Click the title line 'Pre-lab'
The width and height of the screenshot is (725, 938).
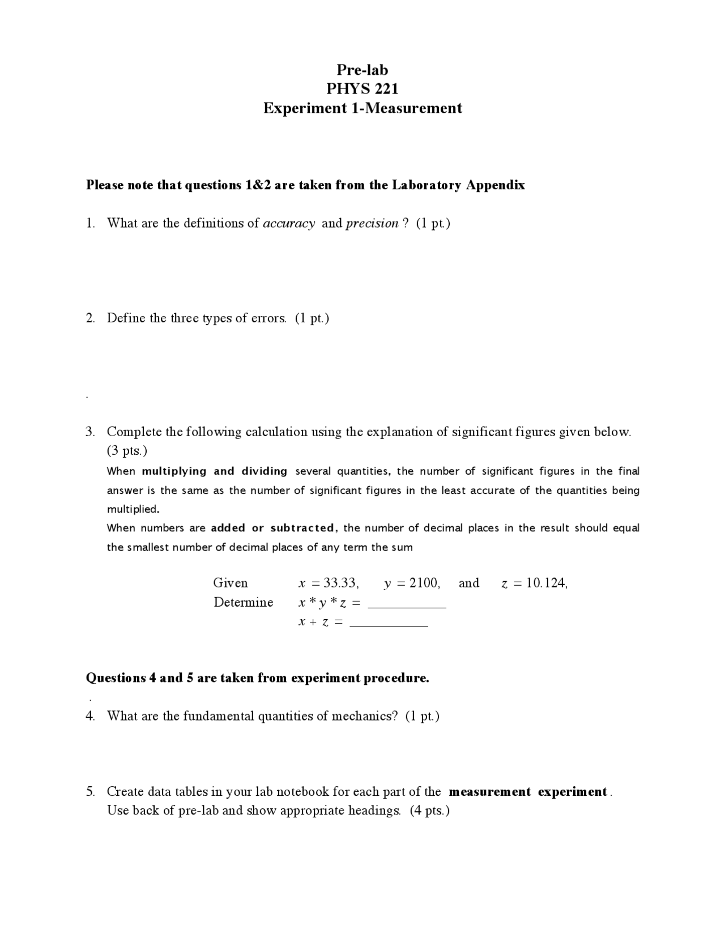362,70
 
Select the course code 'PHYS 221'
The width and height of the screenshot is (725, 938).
362,89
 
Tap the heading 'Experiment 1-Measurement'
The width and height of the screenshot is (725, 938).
362,108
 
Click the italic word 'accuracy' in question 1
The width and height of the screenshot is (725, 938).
289,223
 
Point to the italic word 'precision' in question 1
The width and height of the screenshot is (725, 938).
372,223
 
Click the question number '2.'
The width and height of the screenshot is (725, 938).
91,318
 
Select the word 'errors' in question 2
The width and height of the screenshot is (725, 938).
268,318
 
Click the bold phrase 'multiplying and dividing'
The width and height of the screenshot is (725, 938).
214,471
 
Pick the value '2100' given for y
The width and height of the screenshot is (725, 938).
424,583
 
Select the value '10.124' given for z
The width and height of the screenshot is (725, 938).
547,583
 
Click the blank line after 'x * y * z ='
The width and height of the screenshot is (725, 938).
407,605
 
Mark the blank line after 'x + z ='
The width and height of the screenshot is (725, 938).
389,624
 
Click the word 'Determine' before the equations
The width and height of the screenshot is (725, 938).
243,602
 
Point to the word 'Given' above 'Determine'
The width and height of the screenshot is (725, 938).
230,583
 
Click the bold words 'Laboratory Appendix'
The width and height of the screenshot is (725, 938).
458,185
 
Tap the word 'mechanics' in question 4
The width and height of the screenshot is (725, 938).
361,716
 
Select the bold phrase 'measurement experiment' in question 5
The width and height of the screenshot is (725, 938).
528,792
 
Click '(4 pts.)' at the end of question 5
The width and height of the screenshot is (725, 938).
429,811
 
